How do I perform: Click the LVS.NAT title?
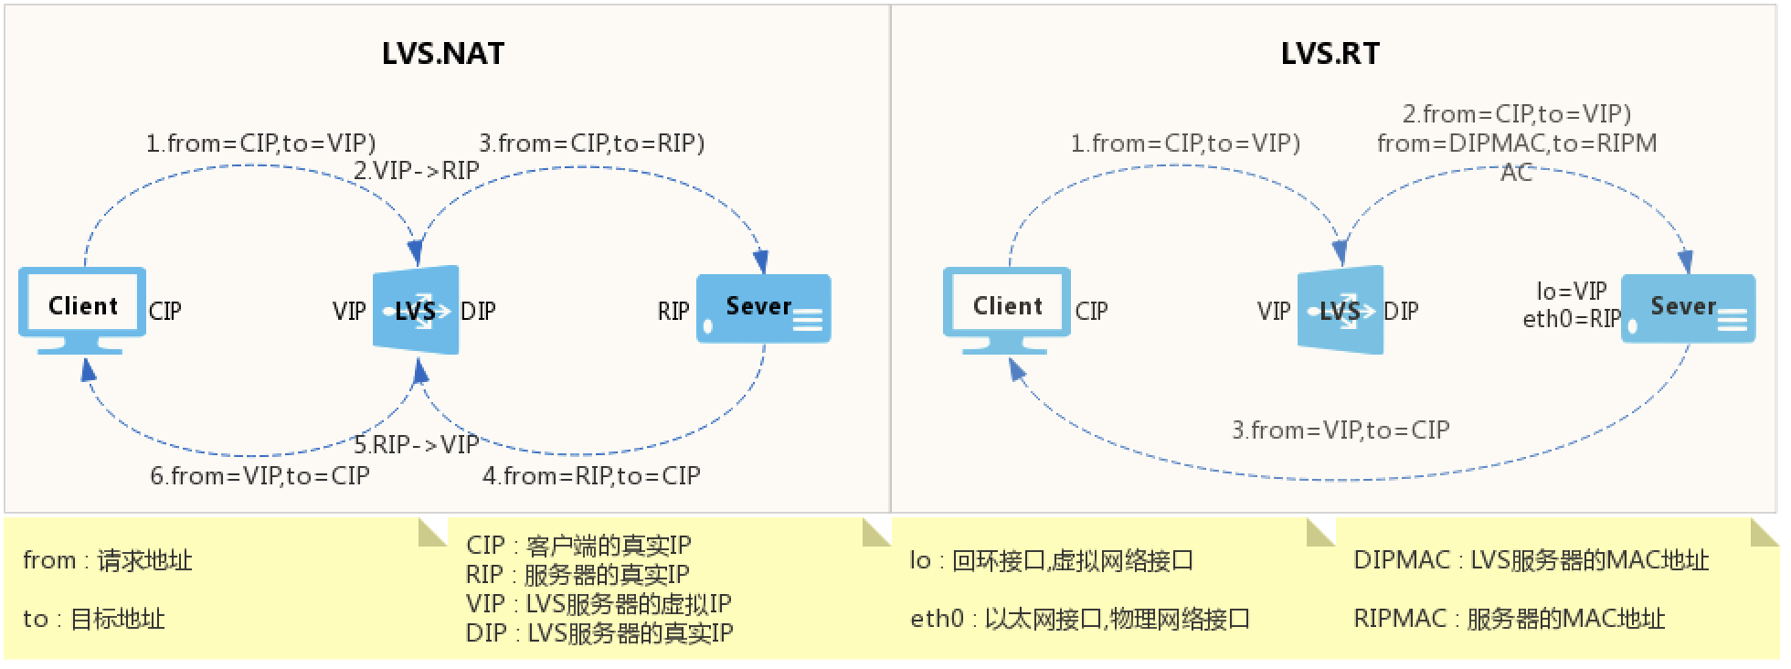443,53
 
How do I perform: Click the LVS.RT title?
1330,53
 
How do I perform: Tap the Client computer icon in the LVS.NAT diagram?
82,309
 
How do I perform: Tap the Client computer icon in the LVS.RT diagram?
1007,309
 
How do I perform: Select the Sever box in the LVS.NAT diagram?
763,309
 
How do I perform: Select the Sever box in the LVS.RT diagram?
1688,309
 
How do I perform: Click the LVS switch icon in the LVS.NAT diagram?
416,310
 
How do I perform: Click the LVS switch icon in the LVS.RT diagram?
1341,310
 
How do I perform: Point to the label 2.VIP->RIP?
417,171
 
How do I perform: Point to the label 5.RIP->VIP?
417,445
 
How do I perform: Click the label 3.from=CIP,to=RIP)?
592,143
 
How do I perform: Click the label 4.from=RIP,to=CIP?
591,476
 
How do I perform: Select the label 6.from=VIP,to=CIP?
260,476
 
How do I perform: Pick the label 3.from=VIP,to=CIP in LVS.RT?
1341,430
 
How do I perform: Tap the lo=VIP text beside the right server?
1572,292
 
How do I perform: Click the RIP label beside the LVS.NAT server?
673,312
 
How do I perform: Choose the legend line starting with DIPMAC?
1531,560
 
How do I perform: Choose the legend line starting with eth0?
1079,619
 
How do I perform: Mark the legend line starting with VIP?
599,604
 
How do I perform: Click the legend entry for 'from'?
108,560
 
